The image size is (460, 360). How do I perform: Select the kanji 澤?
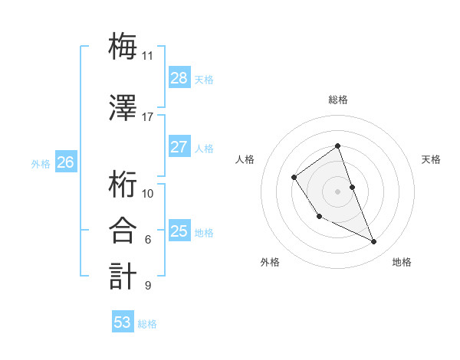click(123, 107)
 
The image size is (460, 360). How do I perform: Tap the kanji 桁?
click(123, 184)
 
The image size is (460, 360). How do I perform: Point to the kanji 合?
click(123, 230)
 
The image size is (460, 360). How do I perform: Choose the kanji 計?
click(123, 276)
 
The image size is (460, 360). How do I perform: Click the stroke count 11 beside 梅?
click(147, 56)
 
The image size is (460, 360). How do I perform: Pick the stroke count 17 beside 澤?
click(147, 117)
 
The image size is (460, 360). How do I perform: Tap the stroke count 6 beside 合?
click(147, 240)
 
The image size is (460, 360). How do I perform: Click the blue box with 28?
click(179, 78)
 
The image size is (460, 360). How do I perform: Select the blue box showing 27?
click(179, 147)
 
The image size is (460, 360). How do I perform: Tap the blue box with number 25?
click(179, 231)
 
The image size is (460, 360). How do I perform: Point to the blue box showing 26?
click(66, 162)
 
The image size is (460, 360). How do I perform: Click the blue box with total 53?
click(122, 322)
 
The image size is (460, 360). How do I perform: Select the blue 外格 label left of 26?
click(41, 163)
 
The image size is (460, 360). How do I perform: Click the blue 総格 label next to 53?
click(147, 324)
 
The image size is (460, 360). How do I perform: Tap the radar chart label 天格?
click(431, 159)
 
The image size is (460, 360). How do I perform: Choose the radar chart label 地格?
click(402, 262)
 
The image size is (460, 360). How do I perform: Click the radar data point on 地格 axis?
click(374, 242)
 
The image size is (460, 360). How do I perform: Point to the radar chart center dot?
click(337, 191)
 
